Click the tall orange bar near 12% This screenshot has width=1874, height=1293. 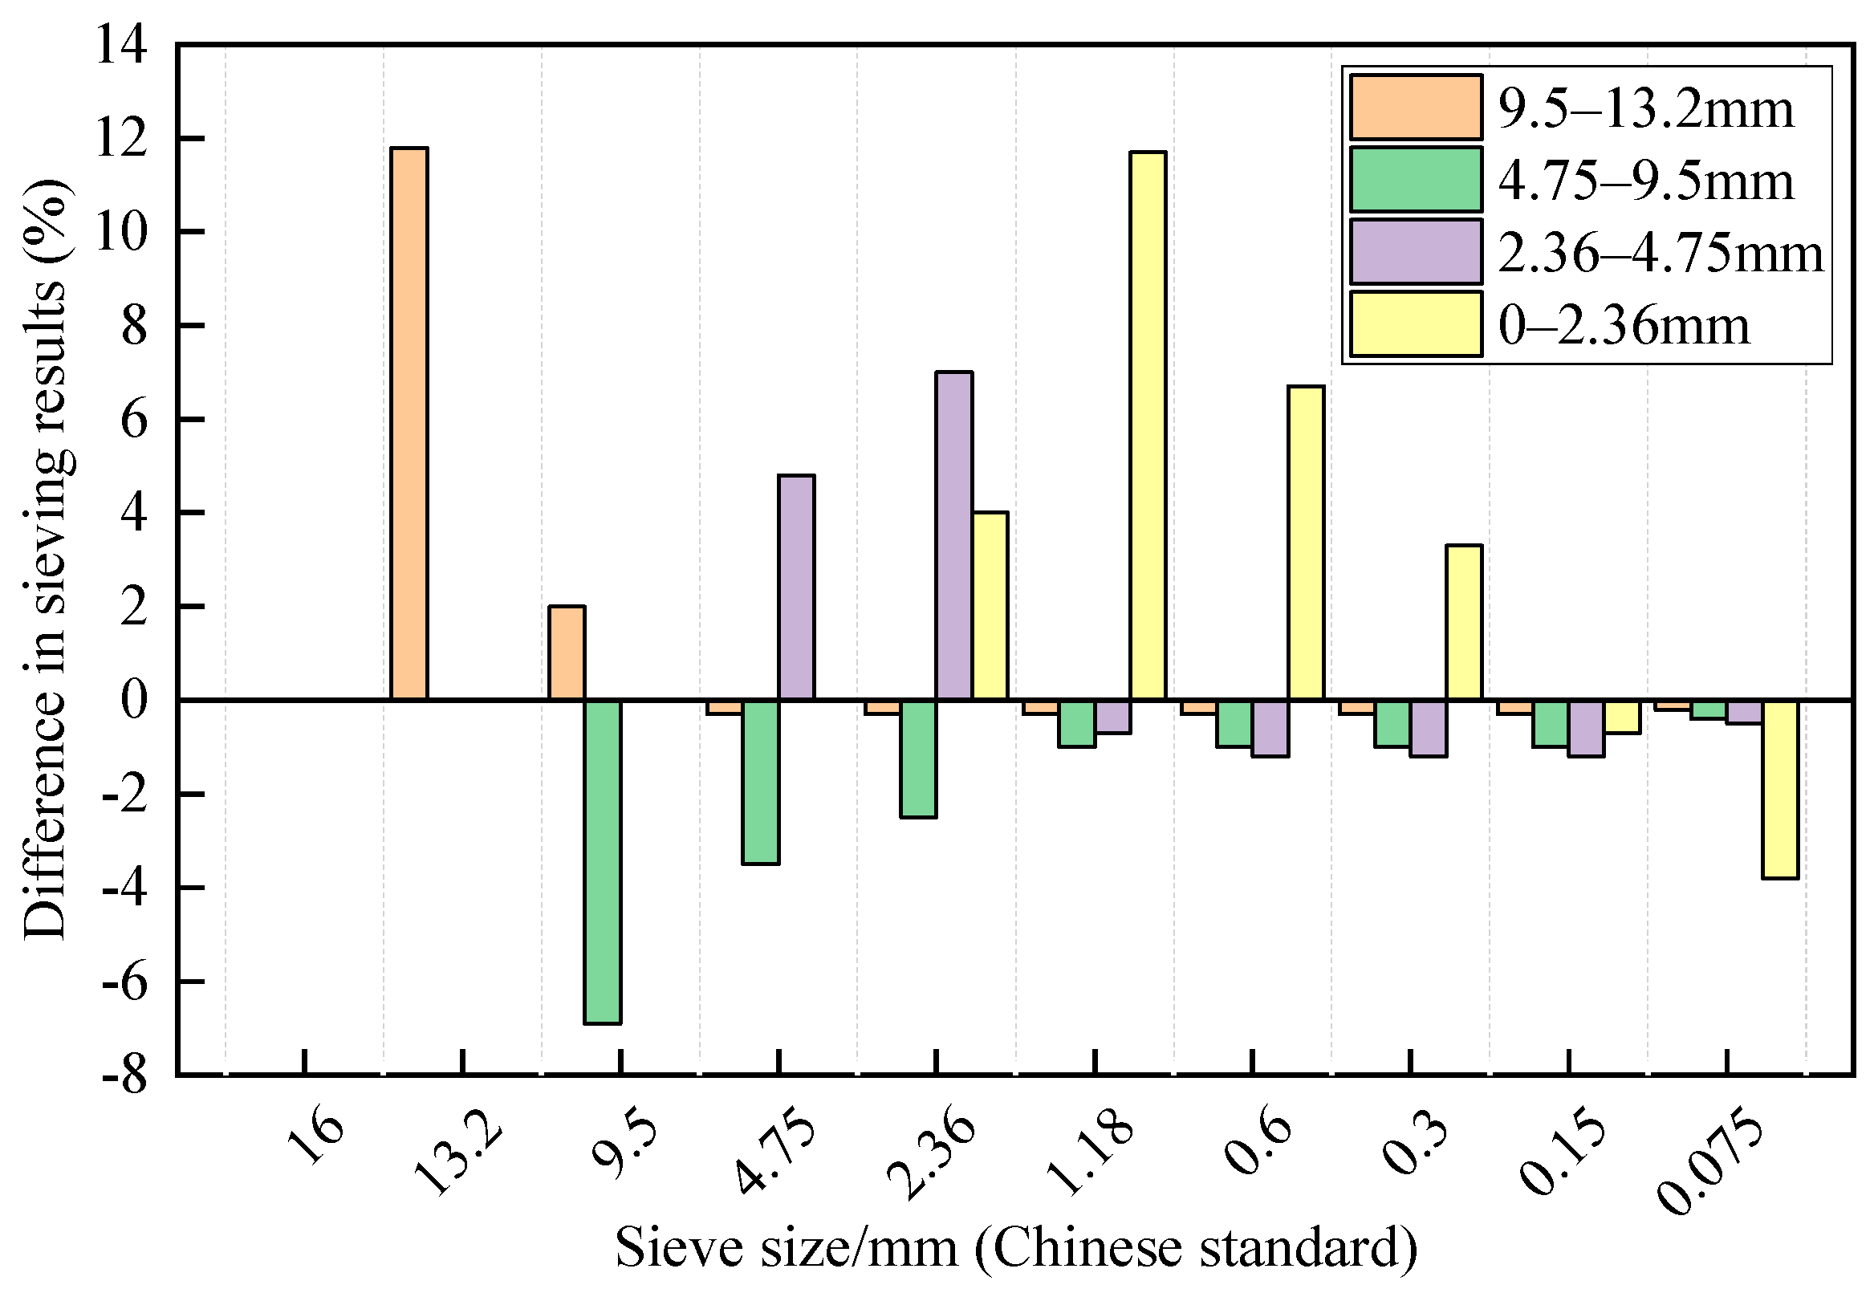pos(409,423)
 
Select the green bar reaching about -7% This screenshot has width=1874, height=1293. pos(603,861)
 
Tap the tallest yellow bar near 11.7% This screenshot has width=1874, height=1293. pos(1148,425)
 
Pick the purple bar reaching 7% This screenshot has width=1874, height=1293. pos(954,535)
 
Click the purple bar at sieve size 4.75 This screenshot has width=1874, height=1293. pos(796,588)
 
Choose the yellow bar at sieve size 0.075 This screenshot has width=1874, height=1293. pos(1780,789)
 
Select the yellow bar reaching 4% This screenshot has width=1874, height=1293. pos(990,606)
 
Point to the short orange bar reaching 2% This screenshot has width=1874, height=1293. pos(567,653)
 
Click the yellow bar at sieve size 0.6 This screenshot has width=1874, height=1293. pos(1306,543)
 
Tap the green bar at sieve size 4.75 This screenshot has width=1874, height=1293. pos(761,783)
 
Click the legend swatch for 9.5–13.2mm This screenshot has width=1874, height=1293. pos(1416,108)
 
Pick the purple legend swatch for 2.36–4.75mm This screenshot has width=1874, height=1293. pos(1416,252)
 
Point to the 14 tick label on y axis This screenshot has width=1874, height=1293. pos(121,44)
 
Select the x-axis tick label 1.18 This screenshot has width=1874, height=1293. pos(1091,1157)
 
